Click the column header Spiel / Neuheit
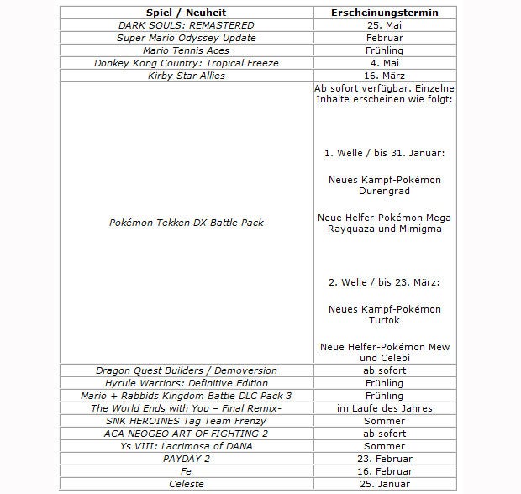coord(186,13)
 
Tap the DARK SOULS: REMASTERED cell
coord(186,25)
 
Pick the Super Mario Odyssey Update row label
coord(186,38)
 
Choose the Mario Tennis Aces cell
coord(186,50)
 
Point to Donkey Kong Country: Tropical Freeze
coord(186,63)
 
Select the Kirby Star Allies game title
coord(186,76)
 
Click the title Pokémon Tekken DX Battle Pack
coord(186,223)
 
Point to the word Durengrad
coord(385,192)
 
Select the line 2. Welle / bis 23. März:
coord(385,282)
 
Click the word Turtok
coord(385,320)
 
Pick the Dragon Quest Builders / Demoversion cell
coord(186,370)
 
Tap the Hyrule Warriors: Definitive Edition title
coord(186,383)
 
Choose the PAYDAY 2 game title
coord(186,459)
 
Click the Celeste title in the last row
coord(186,484)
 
